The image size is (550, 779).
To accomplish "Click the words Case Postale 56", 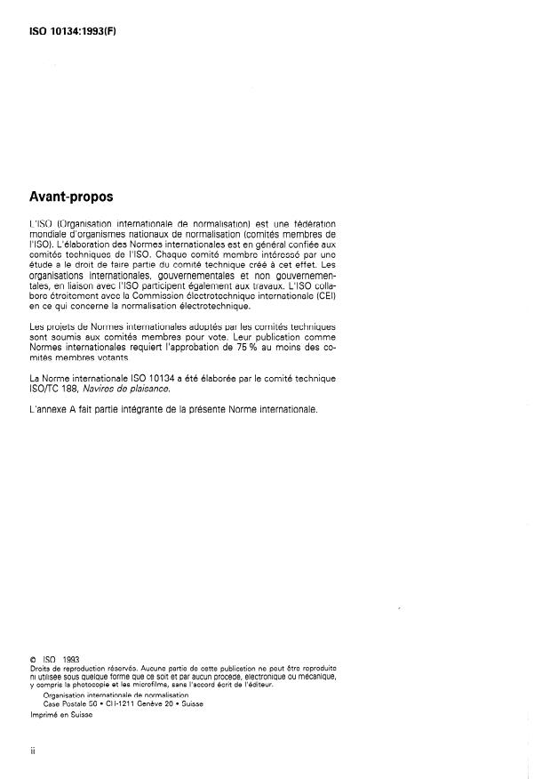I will (70, 703).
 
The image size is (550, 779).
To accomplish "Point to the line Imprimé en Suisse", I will (61, 713).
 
